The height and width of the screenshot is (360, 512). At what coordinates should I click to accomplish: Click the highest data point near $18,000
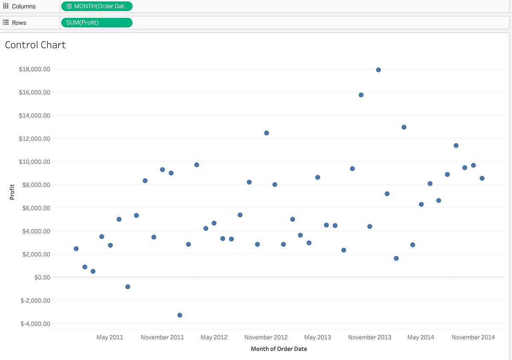[x=378, y=70]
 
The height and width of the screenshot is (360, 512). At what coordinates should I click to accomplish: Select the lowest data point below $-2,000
[x=180, y=315]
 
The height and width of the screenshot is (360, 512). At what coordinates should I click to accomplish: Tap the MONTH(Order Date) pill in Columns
[x=97, y=6]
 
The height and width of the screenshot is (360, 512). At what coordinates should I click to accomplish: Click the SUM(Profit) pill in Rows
[x=97, y=23]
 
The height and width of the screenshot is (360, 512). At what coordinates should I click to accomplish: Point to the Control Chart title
[x=35, y=45]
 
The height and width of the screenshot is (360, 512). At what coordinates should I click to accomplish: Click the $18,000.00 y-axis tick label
[x=35, y=69]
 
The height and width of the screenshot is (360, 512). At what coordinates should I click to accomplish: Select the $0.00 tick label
[x=41, y=277]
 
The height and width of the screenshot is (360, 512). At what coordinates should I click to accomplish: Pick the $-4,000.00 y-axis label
[x=35, y=324]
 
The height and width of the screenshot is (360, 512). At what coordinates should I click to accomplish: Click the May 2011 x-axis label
[x=110, y=337]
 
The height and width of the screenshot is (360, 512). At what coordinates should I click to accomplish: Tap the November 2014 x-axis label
[x=473, y=337]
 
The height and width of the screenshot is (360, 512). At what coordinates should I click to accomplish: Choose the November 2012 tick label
[x=266, y=337]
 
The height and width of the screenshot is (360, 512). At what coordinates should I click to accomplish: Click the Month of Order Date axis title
[x=279, y=349]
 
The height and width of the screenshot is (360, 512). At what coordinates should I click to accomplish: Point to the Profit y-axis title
[x=12, y=192]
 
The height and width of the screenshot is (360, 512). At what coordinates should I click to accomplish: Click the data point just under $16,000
[x=361, y=95]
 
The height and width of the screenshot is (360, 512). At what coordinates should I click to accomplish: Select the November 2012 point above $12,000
[x=267, y=133]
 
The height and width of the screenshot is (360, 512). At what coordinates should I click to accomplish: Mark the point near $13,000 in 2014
[x=404, y=127]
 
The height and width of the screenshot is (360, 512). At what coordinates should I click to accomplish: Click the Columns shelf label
[x=23, y=6]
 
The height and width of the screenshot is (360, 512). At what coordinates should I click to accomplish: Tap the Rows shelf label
[x=19, y=23]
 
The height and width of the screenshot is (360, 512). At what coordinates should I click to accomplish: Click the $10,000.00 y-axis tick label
[x=35, y=162]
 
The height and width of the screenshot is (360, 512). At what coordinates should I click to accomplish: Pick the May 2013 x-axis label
[x=317, y=337]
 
